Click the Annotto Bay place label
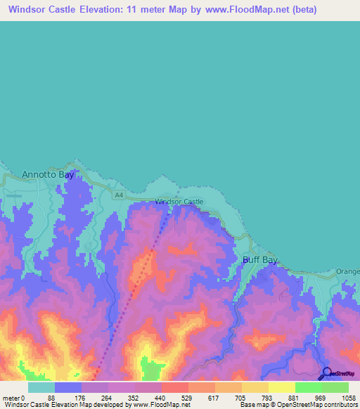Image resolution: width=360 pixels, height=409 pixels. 48,174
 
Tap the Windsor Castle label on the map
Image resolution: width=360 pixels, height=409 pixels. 179,202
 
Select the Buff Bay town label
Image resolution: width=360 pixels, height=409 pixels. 260,259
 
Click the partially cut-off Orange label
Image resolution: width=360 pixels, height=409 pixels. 348,271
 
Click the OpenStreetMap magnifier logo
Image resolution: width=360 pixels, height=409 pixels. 327,373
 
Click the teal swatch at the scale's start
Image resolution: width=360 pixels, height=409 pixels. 41,387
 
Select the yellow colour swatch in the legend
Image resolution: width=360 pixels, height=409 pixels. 282,387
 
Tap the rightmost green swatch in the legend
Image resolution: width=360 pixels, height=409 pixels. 335,387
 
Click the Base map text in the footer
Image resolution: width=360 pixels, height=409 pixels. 252,405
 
